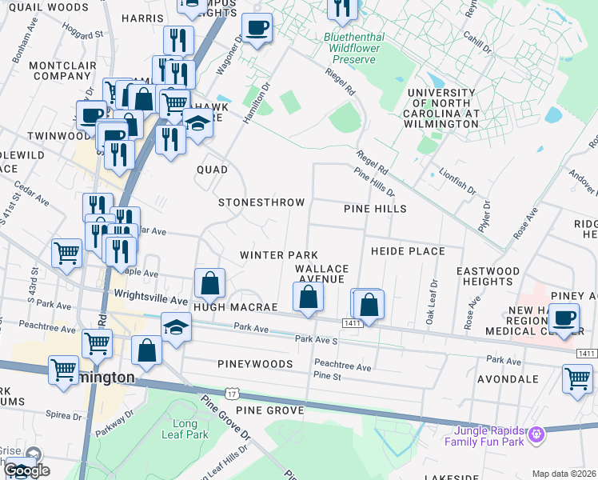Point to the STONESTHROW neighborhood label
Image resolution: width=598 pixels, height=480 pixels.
point(262,202)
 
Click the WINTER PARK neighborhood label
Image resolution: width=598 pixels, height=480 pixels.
point(273,254)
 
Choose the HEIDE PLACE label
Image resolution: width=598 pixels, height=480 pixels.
point(408,251)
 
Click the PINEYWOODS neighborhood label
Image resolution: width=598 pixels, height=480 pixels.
point(250,363)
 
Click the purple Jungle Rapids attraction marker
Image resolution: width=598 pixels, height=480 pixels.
point(536,434)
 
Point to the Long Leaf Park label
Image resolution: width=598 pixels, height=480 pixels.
point(185,430)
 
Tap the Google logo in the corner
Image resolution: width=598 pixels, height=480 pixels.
point(26,470)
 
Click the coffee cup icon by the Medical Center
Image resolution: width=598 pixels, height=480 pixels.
point(565,318)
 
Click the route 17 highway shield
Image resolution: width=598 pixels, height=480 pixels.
point(232,394)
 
